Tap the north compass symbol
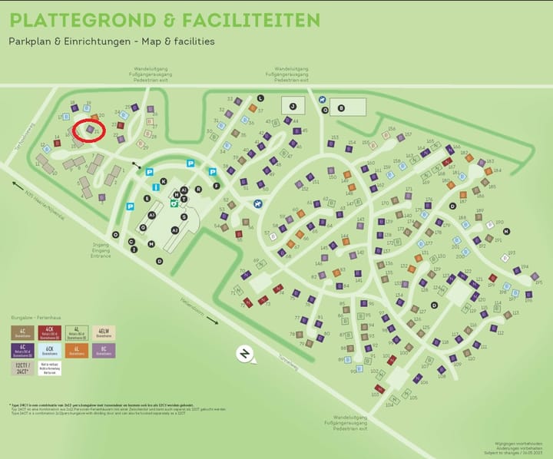(245, 354)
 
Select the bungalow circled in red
(90, 130)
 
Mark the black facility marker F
(217, 187)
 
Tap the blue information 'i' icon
(156, 187)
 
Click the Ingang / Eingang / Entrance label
(101, 250)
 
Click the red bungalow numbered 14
(57, 143)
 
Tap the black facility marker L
(261, 97)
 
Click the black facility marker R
(198, 188)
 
